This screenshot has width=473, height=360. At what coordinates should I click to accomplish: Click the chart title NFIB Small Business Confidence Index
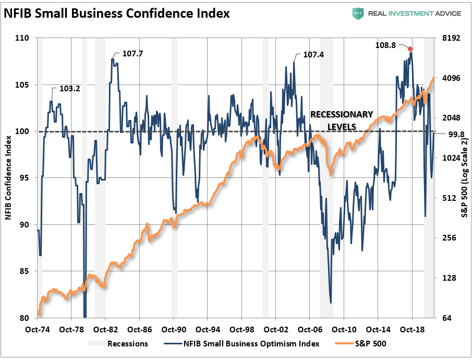point(117,13)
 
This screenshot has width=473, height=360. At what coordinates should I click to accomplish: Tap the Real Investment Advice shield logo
point(358,13)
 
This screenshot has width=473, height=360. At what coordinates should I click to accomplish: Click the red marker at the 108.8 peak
point(411,49)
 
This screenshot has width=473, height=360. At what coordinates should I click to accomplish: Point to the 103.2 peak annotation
point(69,89)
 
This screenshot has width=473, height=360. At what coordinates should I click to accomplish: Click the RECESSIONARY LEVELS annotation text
point(342,120)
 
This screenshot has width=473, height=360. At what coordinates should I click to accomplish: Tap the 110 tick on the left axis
point(23,38)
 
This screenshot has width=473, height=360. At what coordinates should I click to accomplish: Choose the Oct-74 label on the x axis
point(38,330)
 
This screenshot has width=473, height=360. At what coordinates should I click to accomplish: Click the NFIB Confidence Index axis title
point(9,177)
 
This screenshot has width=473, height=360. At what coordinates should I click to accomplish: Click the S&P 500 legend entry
point(368,343)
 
